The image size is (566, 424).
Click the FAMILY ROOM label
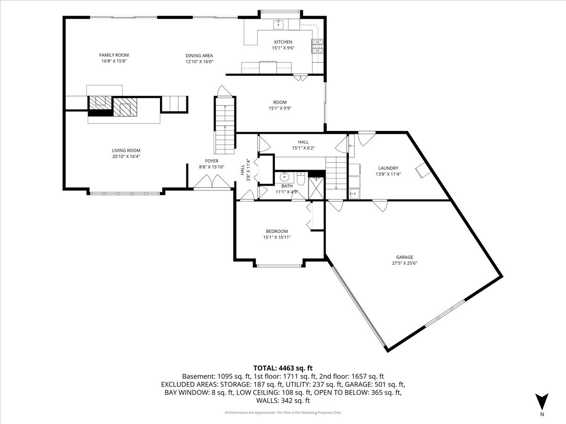point(114,55)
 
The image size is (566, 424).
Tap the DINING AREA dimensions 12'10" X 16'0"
point(199,62)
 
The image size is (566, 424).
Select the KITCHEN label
point(283,42)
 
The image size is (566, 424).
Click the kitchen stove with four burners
point(316,46)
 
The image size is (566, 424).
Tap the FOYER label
point(211,161)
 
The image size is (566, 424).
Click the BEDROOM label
point(276,231)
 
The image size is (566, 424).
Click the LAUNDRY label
point(388,168)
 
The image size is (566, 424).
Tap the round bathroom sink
point(284,178)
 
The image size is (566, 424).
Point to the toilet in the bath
point(300,179)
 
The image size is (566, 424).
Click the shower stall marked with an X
point(316,187)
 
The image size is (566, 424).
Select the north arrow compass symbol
point(542,401)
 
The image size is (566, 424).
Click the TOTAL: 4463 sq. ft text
point(283,368)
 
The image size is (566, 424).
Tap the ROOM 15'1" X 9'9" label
point(280,105)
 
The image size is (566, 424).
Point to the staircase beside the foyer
point(225,125)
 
